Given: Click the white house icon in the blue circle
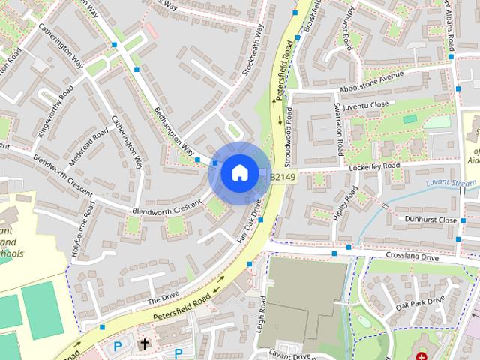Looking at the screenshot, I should click(x=239, y=173).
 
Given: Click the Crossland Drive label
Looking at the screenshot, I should click(x=412, y=255).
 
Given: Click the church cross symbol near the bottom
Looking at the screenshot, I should click(x=145, y=344).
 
